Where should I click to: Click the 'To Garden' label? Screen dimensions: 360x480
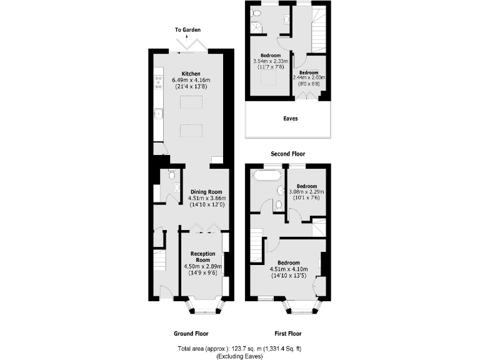point(187,30)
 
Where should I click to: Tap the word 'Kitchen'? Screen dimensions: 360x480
point(191,73)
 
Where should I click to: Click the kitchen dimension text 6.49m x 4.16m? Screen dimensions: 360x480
point(191,80)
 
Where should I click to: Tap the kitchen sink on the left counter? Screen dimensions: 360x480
point(159,114)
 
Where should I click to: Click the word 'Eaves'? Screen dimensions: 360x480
point(290,118)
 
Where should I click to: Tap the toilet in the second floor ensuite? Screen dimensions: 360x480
point(256,13)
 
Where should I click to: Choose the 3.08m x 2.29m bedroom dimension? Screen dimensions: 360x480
point(307,192)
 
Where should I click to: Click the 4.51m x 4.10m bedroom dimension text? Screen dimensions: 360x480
point(288,269)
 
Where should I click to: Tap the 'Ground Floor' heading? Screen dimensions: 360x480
point(191,334)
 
